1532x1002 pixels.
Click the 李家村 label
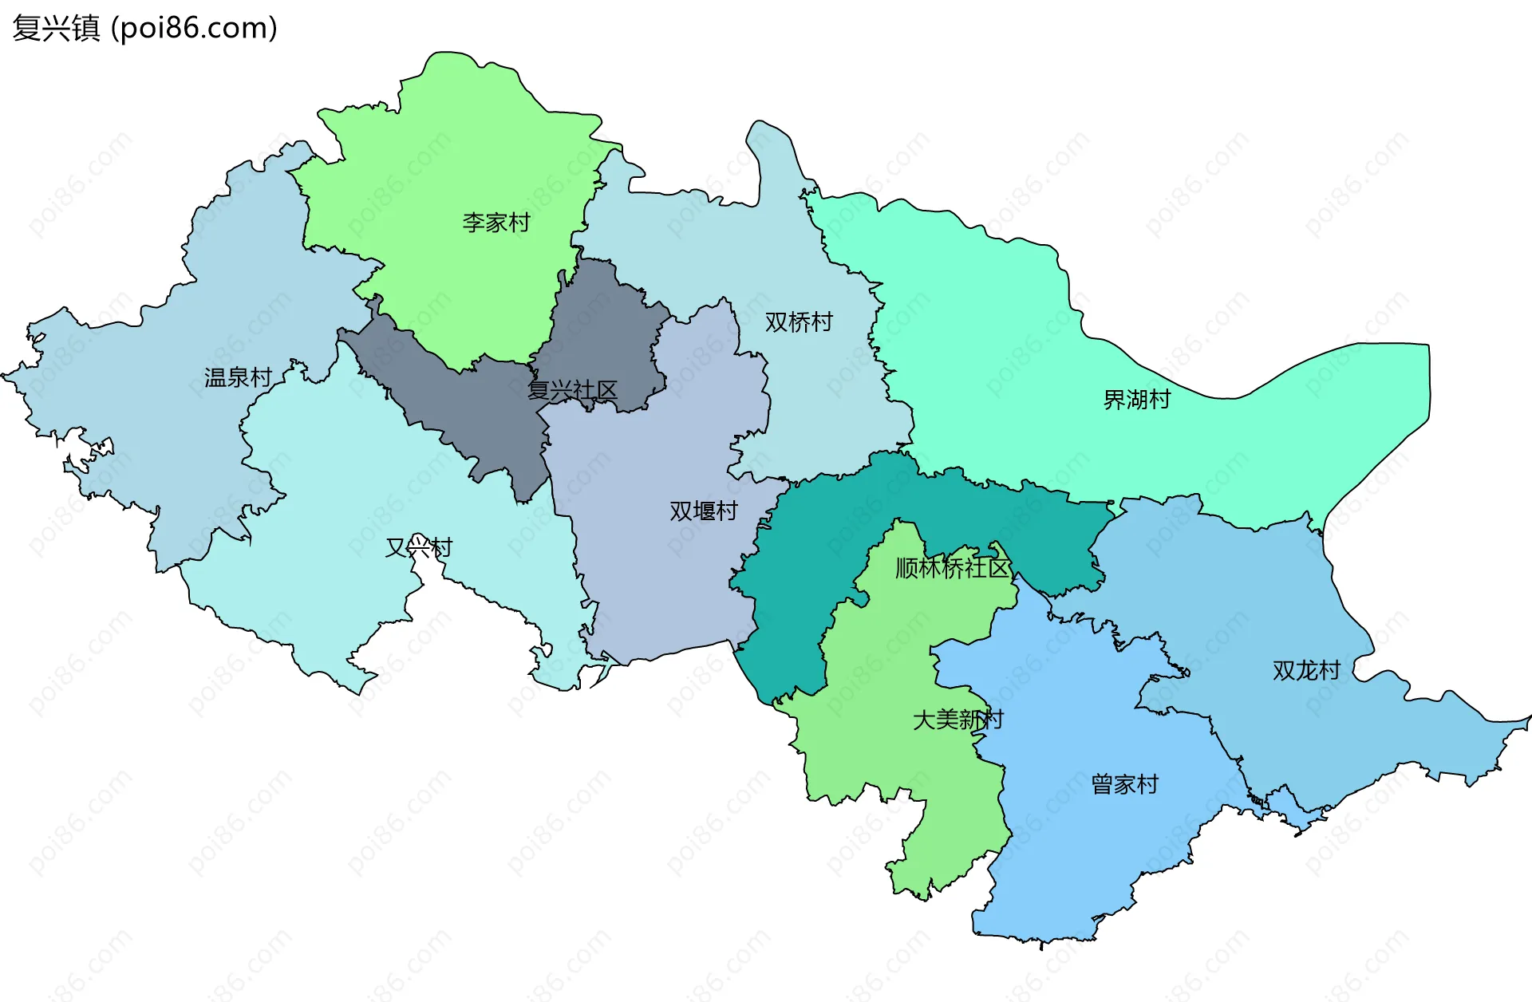(x=496, y=223)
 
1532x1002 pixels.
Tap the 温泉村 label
(x=238, y=377)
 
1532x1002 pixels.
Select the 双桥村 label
(x=799, y=322)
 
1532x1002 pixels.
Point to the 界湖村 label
(x=1136, y=400)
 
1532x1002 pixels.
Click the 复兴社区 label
(x=572, y=391)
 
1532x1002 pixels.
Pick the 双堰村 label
(x=703, y=511)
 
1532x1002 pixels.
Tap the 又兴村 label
(x=419, y=547)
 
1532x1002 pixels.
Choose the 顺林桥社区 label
(x=952, y=568)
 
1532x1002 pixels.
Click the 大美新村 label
(x=958, y=720)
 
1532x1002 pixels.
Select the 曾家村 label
(x=1124, y=785)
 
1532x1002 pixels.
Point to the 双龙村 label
(x=1306, y=671)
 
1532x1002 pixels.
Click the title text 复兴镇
(x=56, y=29)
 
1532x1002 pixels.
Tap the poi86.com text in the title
(x=194, y=29)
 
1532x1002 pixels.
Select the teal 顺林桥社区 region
(x=806, y=558)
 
